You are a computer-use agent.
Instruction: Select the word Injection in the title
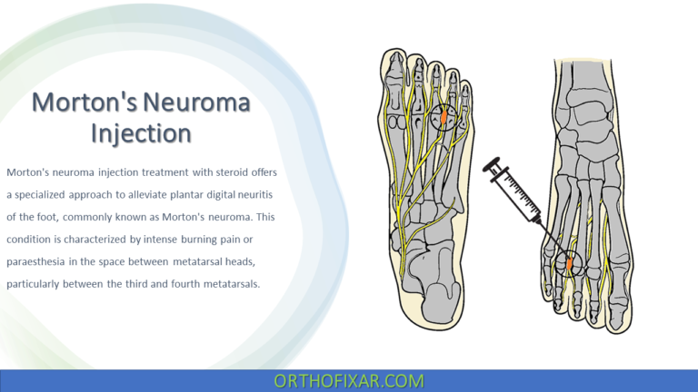pyautogui.click(x=142, y=133)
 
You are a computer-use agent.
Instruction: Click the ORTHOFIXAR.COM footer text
pyautogui.click(x=349, y=380)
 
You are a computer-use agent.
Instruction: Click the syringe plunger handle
pyautogui.click(x=494, y=167)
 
